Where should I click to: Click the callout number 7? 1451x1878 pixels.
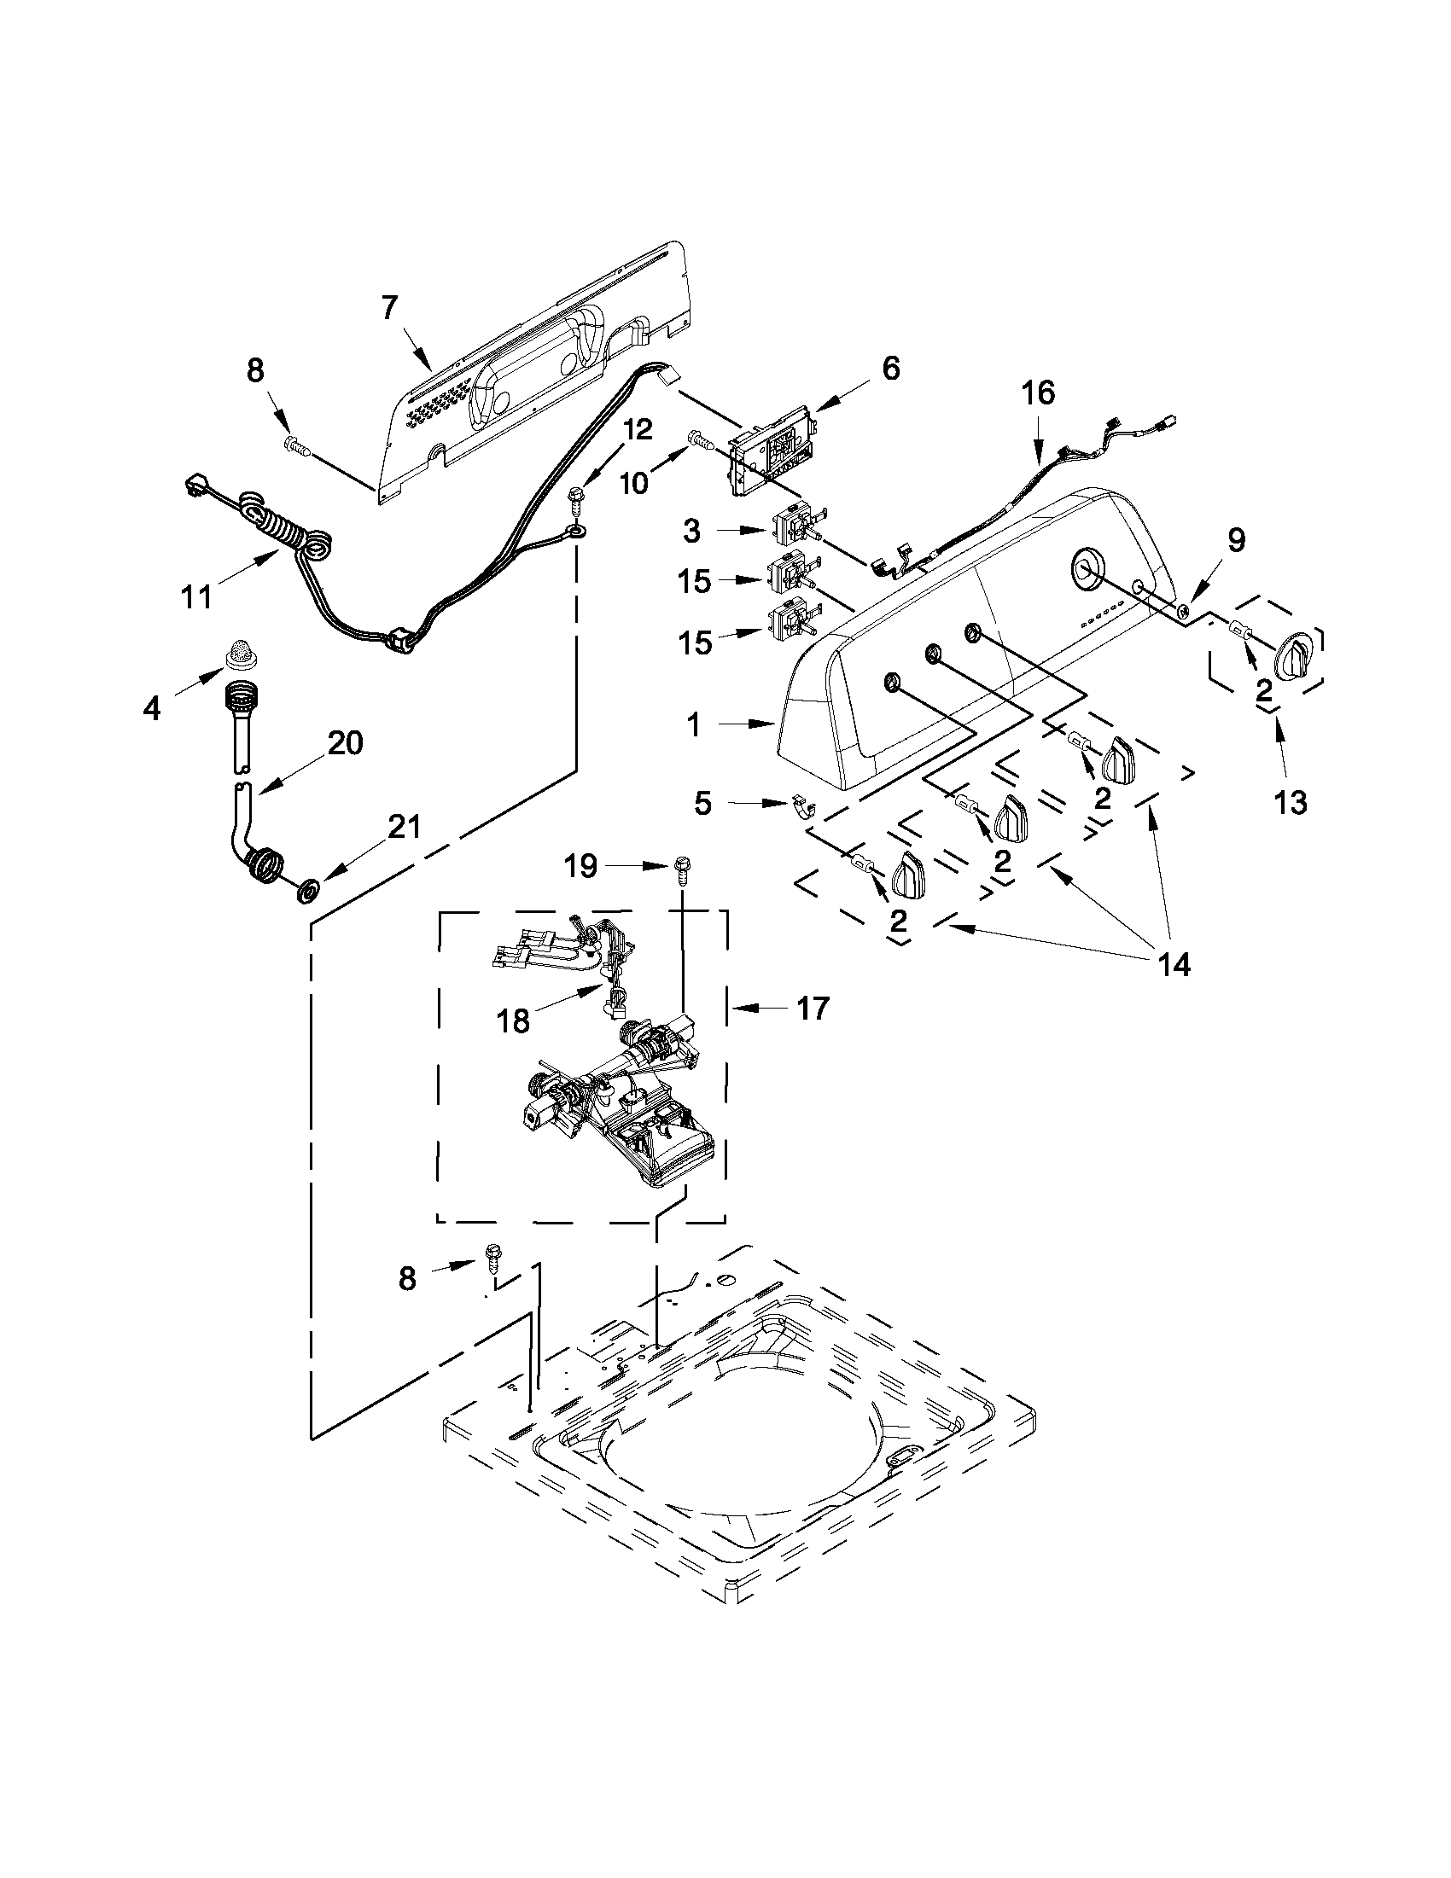coord(389,307)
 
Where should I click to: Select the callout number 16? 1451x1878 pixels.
coord(1037,393)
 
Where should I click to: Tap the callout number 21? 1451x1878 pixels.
coord(405,826)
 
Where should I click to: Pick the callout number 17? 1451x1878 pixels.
coord(812,1007)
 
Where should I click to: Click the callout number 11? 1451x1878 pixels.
coord(196,595)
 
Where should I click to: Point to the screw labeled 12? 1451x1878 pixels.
coord(574,497)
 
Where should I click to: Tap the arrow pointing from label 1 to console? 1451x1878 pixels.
coord(746,725)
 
